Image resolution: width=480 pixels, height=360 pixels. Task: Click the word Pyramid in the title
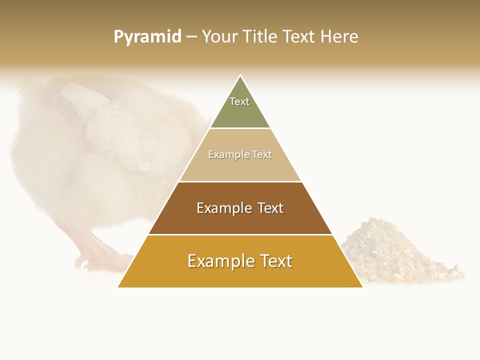click(x=147, y=37)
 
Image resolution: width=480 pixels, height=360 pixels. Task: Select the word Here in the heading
click(x=339, y=37)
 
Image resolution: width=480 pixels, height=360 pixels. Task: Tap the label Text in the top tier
click(x=239, y=101)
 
